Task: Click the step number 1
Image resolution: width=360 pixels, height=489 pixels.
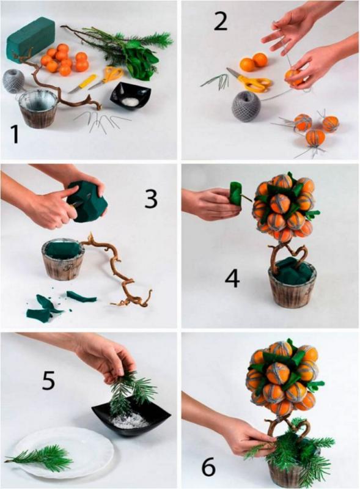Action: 14,134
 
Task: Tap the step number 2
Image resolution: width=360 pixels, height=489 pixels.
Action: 221,20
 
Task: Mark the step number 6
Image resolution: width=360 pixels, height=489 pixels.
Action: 208,466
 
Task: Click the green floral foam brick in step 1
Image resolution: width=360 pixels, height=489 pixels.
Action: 31,40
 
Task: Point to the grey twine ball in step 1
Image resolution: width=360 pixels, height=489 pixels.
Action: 13,81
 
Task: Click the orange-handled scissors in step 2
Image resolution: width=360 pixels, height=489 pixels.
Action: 250,80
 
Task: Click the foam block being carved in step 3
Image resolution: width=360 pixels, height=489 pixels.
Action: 87,202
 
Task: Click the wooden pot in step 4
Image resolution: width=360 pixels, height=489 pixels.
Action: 292,284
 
